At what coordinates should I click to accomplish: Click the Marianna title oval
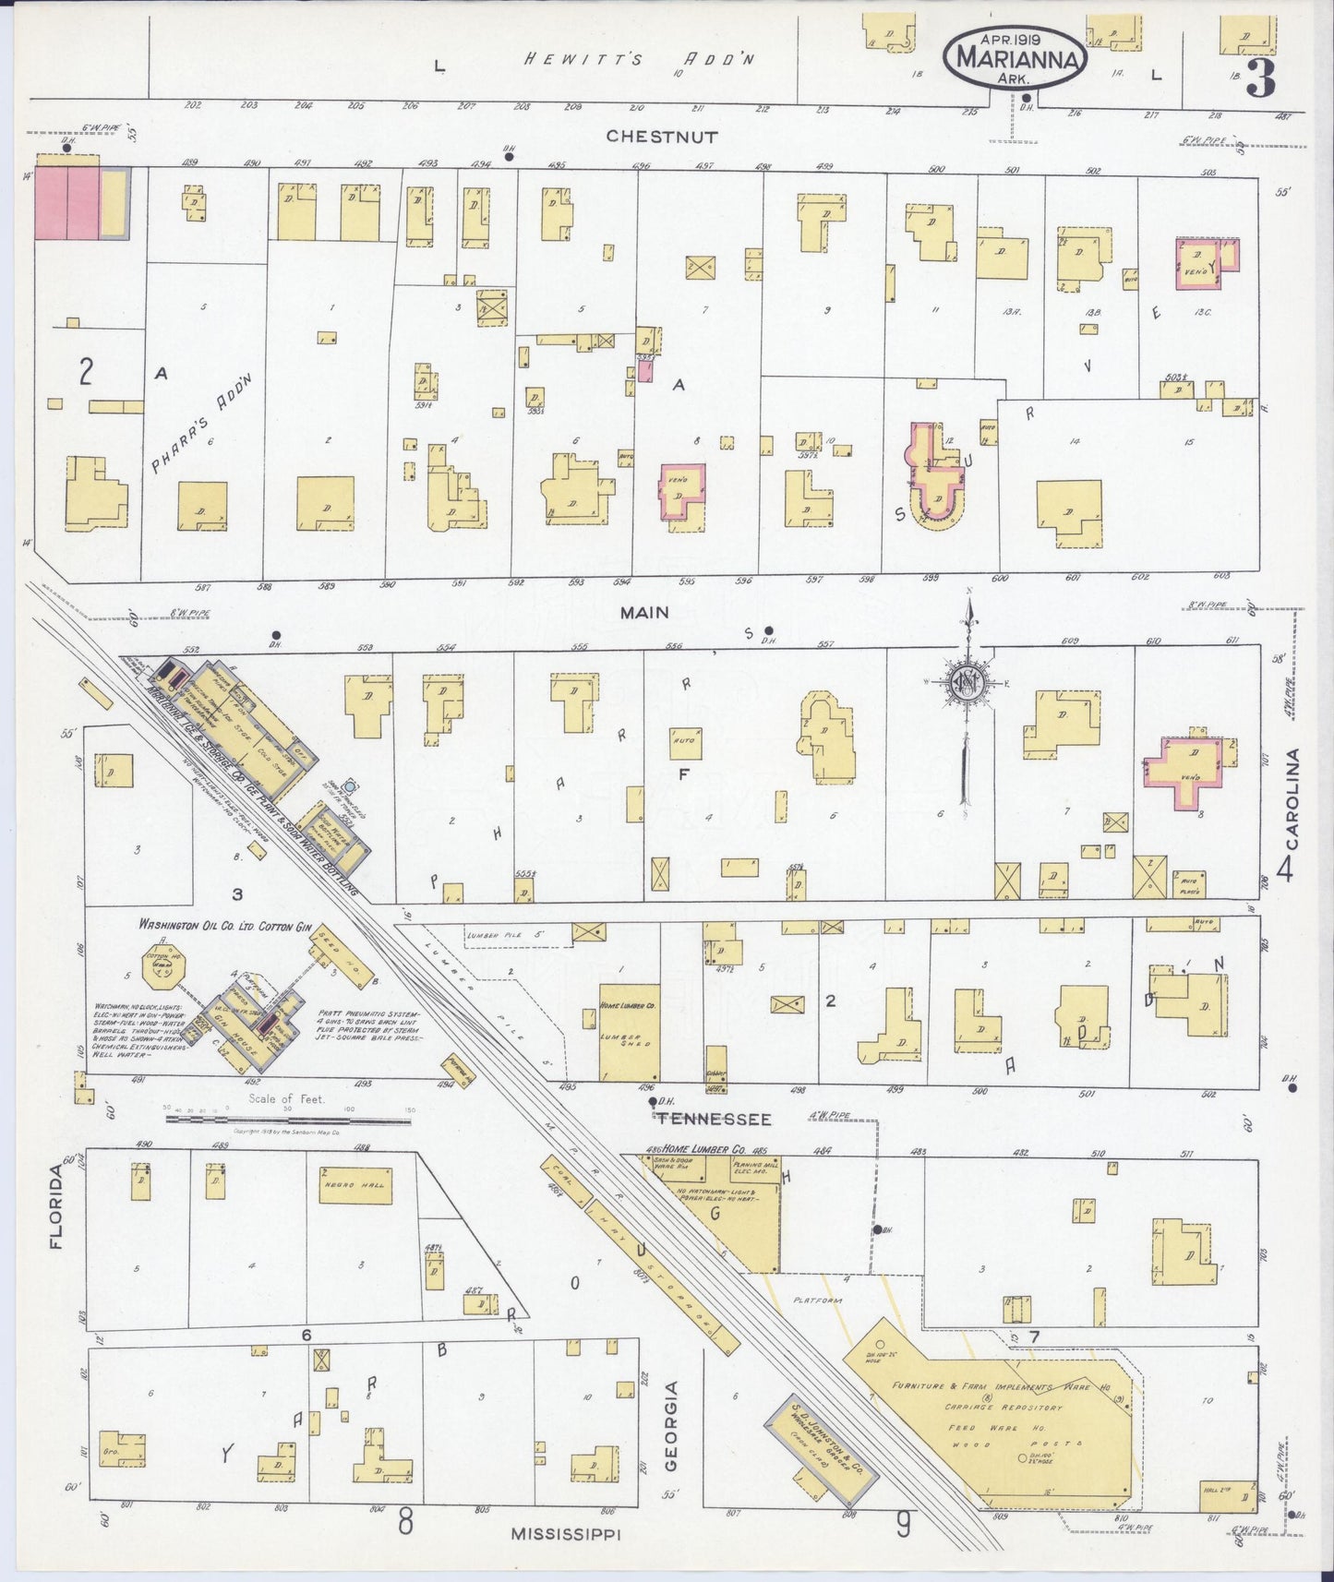(1016, 57)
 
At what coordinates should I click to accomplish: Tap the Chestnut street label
(662, 136)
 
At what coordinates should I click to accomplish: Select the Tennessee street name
(714, 1119)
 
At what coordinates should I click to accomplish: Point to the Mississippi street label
(565, 1533)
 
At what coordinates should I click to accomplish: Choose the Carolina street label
(1292, 799)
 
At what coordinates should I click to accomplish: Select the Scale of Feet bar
(288, 1118)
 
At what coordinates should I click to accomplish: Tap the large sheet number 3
(1261, 81)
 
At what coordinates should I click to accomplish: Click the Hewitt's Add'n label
(640, 60)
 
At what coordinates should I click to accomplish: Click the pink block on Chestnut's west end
(67, 203)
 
